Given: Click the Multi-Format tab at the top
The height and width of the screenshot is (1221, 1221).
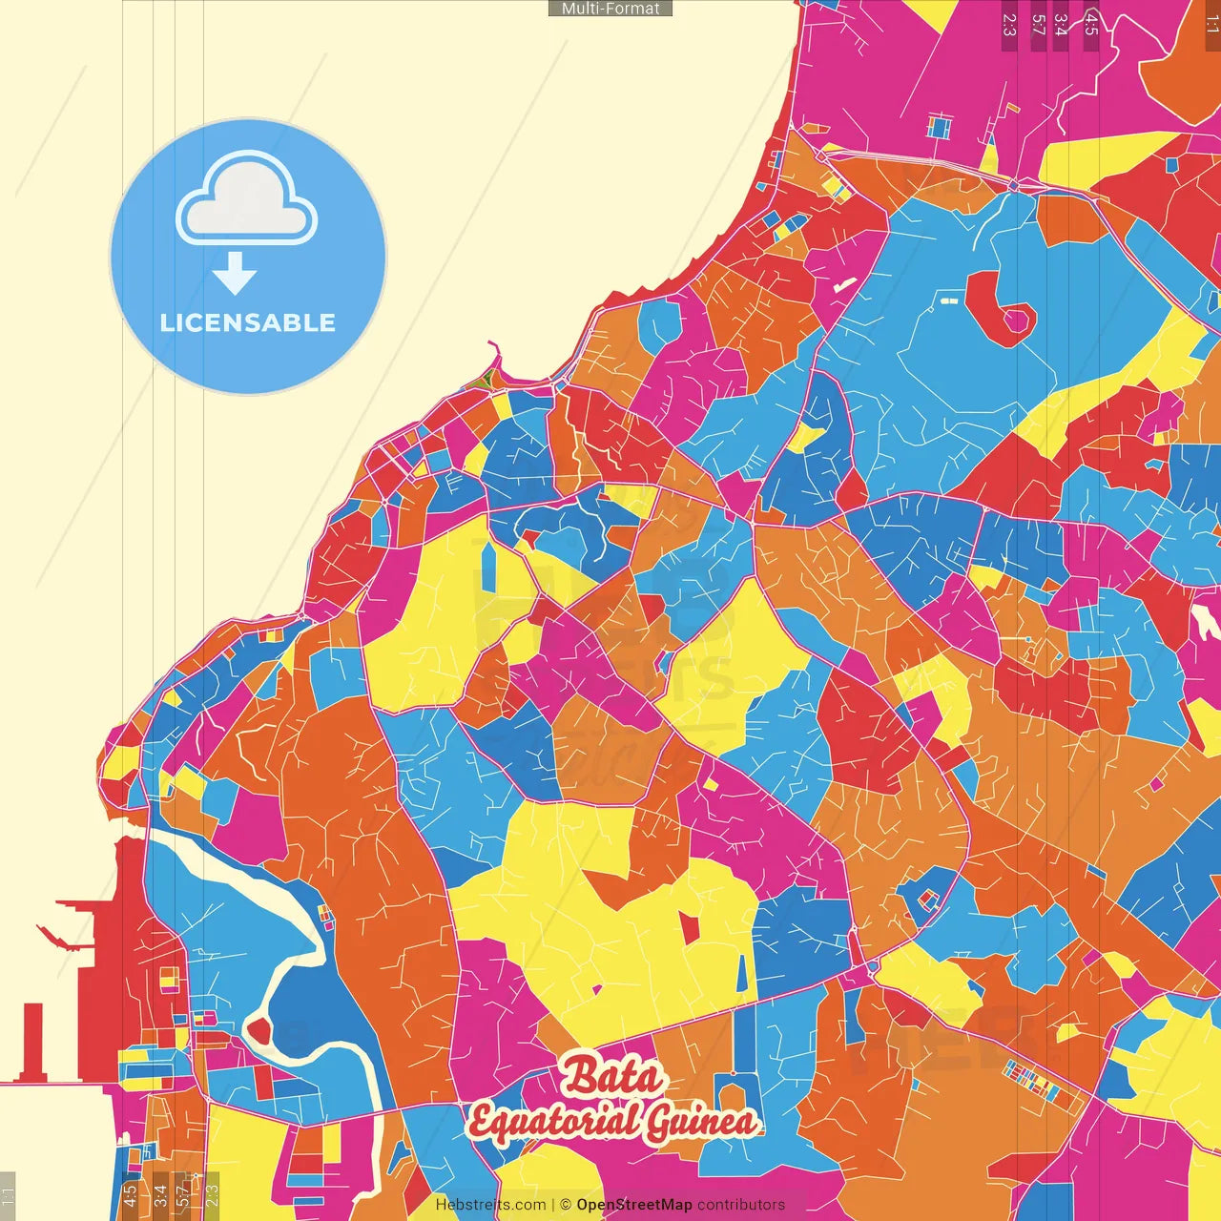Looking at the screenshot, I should coord(610,8).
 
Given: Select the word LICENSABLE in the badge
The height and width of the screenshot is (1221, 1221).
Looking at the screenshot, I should coord(248,322).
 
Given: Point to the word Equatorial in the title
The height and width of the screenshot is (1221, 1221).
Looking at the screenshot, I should coord(553,1122).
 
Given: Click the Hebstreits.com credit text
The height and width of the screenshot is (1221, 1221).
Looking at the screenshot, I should coord(490,1205).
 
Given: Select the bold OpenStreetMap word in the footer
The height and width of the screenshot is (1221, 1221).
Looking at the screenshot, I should coord(634,1205).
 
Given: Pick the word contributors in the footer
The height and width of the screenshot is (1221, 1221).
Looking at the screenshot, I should coord(741,1205).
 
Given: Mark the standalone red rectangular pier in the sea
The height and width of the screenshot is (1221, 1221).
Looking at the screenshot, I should coord(33,1040).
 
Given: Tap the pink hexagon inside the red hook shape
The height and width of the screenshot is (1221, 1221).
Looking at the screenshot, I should coord(1017,321).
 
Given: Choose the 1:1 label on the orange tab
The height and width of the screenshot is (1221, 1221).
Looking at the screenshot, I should coord(1211,25).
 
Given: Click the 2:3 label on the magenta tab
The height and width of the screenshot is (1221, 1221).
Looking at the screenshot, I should coord(1009,25).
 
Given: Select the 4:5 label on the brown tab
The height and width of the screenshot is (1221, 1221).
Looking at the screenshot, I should coord(1091,25).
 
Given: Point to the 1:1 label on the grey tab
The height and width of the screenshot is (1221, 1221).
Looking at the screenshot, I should coord(8,1194).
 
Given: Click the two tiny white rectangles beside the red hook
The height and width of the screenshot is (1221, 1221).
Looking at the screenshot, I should coord(948,300).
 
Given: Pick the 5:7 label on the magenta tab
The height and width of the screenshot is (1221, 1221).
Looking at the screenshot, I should coord(1038,25).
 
